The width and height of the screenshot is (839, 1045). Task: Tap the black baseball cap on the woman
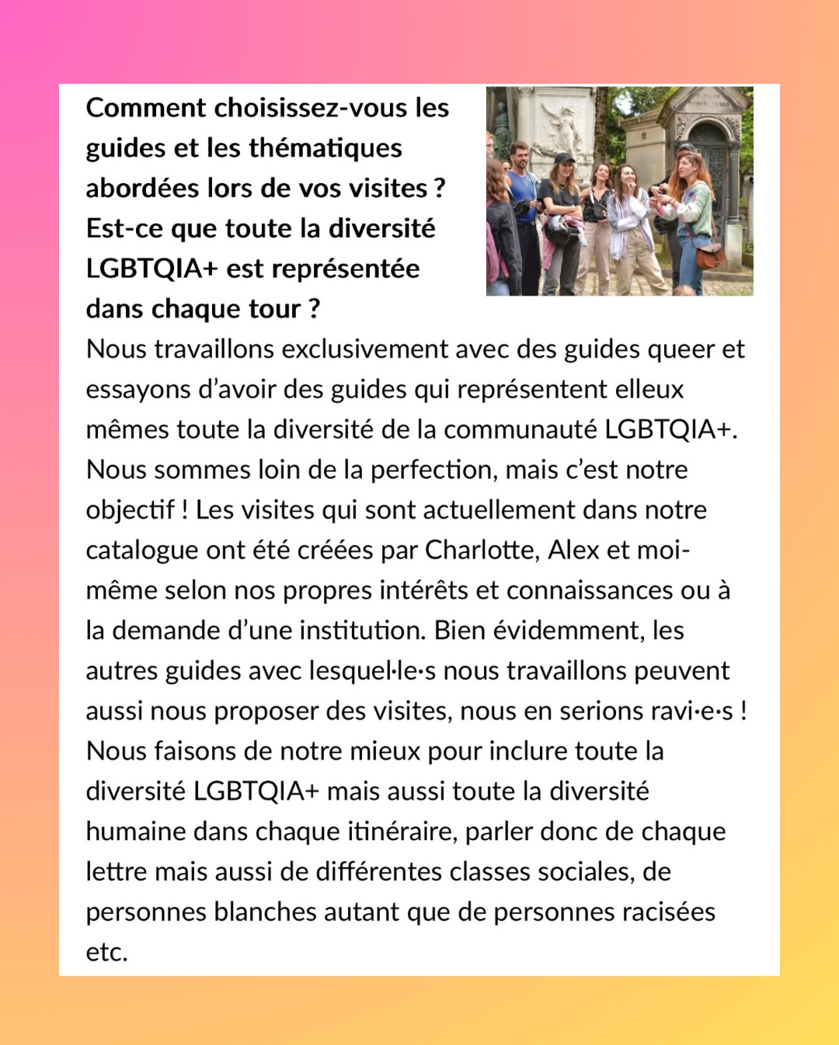coord(563,158)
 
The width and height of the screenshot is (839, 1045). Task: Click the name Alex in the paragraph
coord(573,550)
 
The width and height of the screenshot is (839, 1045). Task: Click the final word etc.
coord(106,952)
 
